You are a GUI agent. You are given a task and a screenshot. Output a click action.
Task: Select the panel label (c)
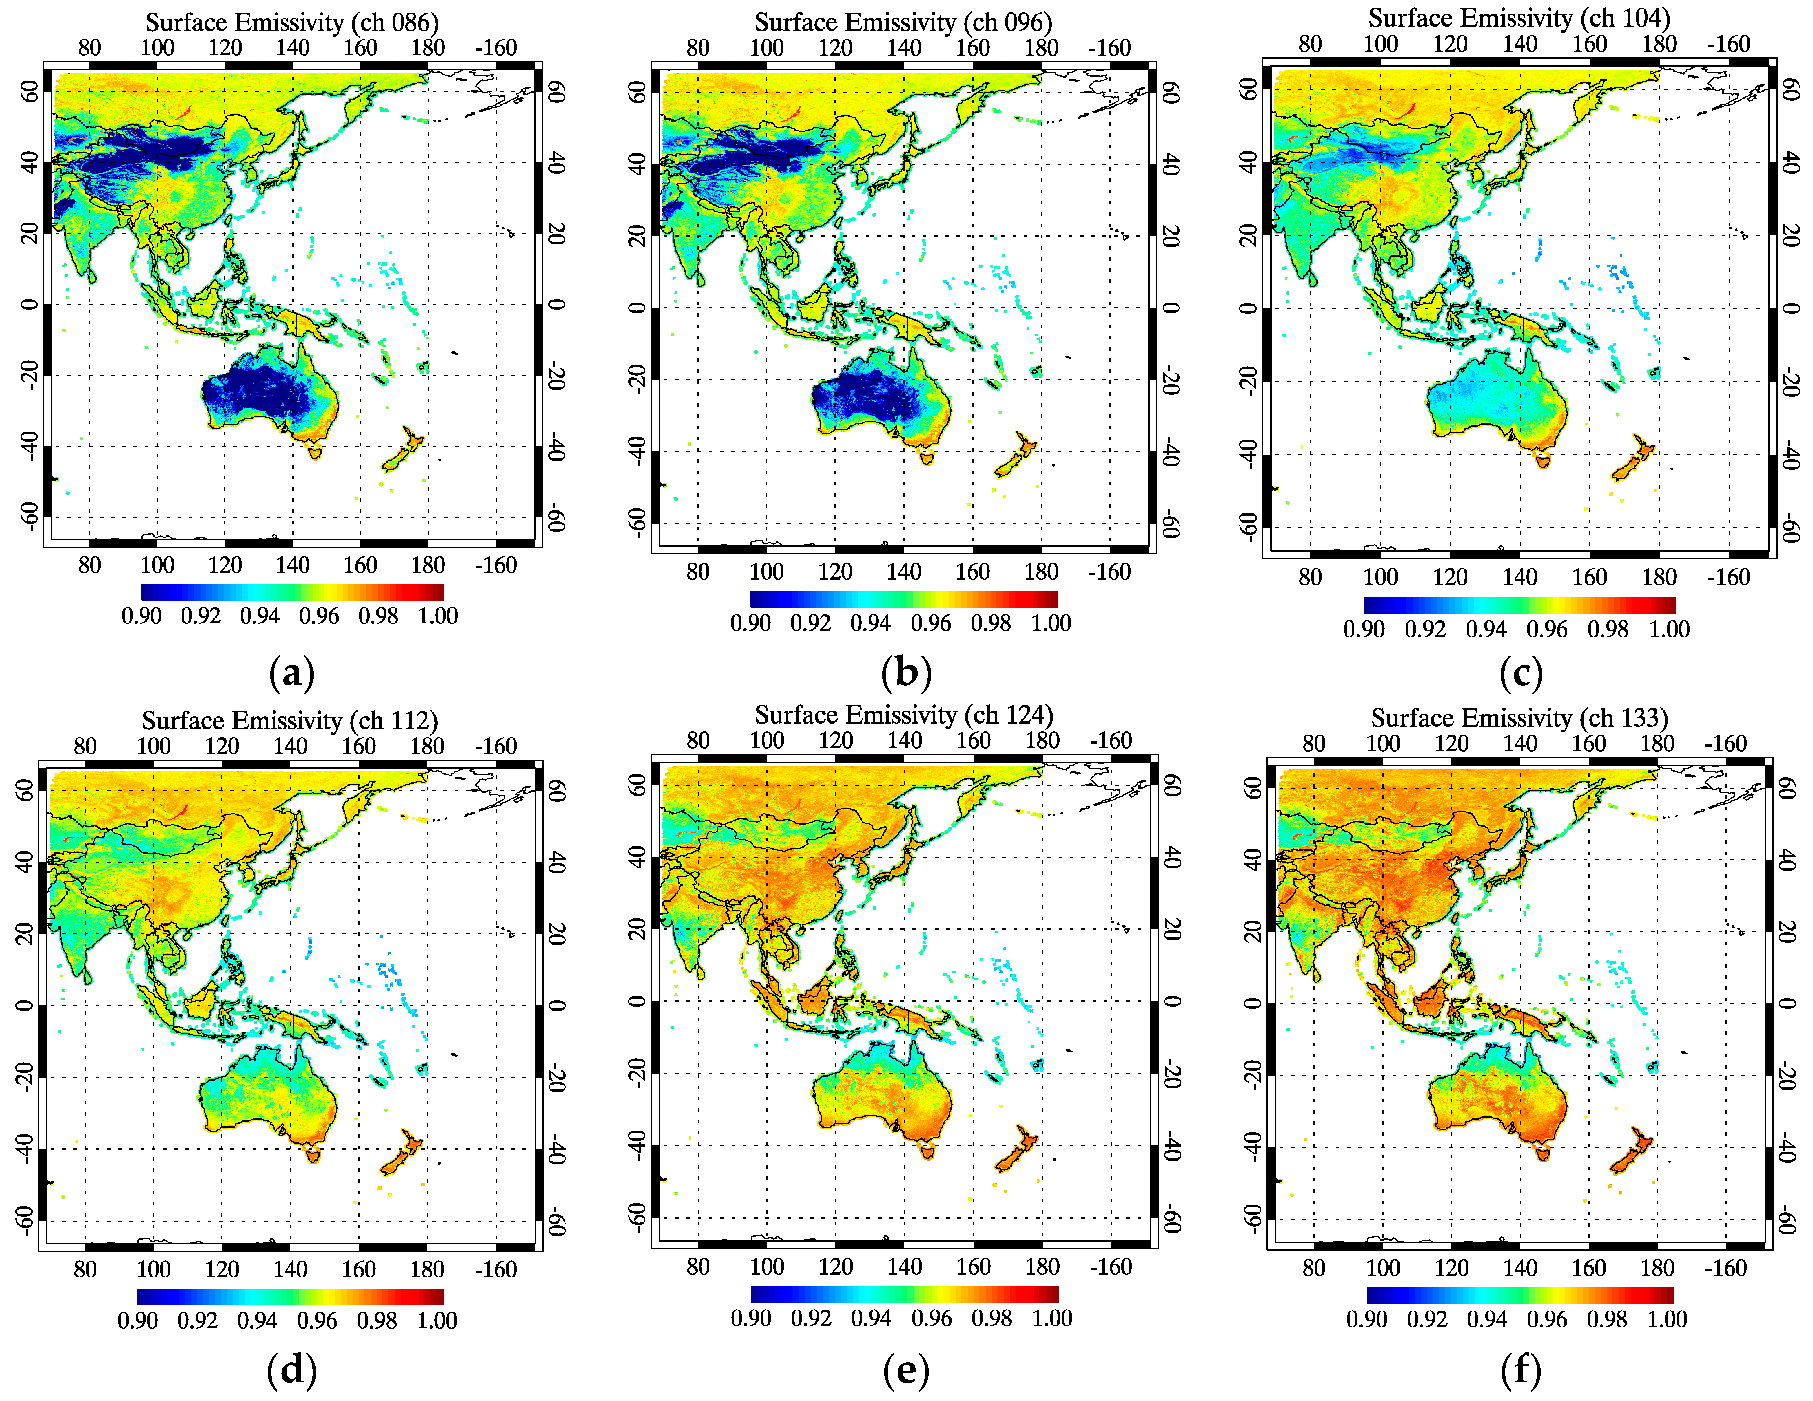coord(1521,672)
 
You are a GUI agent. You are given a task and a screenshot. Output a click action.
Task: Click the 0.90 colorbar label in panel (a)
coord(141,616)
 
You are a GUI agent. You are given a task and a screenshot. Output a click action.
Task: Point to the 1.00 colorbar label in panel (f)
coord(1667,1319)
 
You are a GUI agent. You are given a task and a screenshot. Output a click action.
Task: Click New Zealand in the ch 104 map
coord(1632,459)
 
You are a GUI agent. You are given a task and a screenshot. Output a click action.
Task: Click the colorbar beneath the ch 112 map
coord(290,1296)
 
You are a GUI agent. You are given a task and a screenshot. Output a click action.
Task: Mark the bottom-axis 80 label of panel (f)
coord(1314,1268)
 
